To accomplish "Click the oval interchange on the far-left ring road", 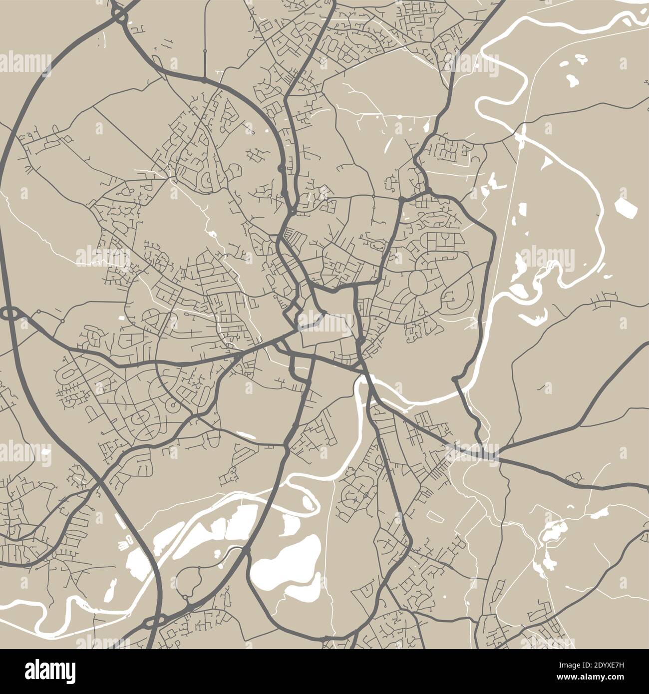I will pos(8,314).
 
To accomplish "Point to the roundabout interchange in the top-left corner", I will pos(119,14).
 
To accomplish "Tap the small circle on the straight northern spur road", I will pos(205,51).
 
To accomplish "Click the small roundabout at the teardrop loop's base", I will pos(185,597).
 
